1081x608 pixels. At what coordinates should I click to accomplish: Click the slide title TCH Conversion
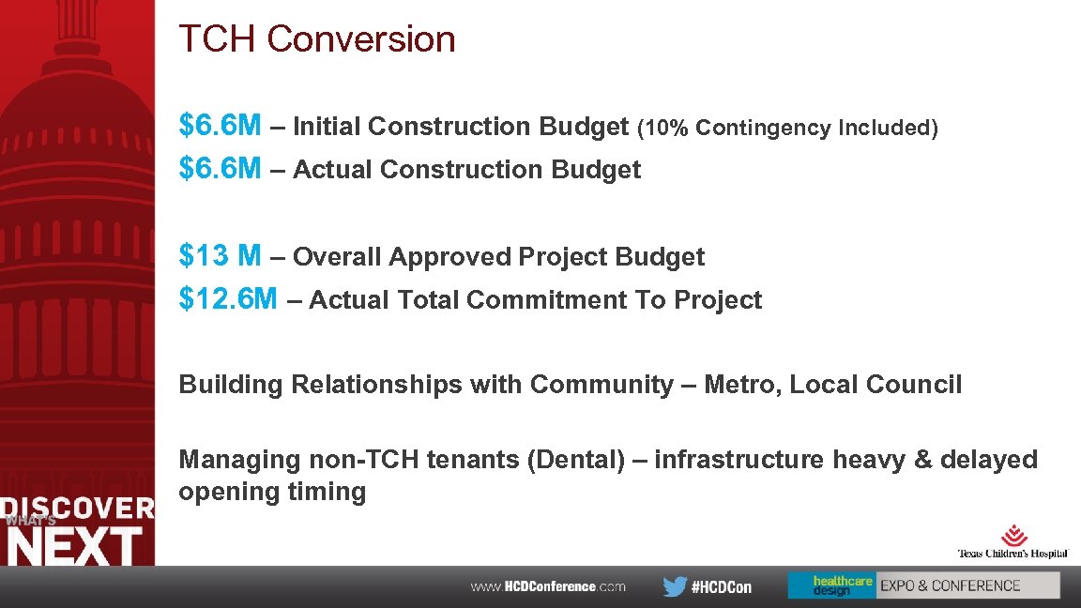tap(317, 39)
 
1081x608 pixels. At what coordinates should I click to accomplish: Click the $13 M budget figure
tap(220, 255)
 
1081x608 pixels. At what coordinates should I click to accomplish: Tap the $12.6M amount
tap(228, 299)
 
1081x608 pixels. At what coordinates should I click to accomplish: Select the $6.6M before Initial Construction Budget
tap(220, 126)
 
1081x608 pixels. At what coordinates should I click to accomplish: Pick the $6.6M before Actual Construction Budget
tap(220, 169)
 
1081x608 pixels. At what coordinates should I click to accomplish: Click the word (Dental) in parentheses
tap(572, 460)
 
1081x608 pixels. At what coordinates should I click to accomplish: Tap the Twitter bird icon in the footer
tap(674, 586)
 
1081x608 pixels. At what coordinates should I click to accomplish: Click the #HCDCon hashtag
tap(721, 587)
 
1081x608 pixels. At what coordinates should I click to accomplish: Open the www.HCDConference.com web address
tap(548, 586)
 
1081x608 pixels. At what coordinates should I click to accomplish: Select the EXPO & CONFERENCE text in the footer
tap(950, 585)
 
